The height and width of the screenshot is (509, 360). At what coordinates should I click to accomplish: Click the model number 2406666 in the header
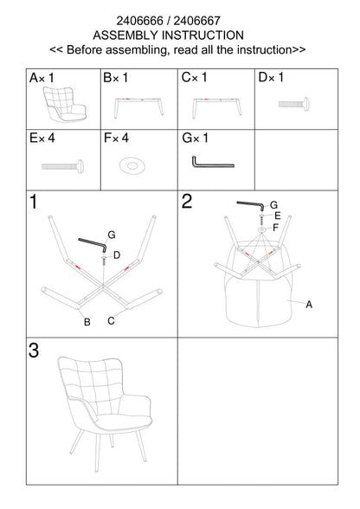pos(139,21)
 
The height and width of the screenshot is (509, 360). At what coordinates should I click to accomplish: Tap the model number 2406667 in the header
pos(197,21)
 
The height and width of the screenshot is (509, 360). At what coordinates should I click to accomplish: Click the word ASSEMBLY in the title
pos(125,35)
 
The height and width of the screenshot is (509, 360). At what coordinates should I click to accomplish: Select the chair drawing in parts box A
pos(65,104)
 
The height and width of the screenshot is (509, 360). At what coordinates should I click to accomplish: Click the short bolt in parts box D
pos(294,104)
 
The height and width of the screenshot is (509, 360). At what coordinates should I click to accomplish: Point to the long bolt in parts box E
pos(62,166)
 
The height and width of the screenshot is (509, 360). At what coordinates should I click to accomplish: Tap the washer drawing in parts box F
pos(132,165)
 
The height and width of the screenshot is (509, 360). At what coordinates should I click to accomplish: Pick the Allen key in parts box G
pos(212,163)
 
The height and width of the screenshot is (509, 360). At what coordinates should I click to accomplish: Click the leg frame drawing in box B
pos(138,106)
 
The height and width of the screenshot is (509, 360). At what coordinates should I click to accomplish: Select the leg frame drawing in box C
pos(217,107)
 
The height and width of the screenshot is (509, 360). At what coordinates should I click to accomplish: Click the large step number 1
pos(34,202)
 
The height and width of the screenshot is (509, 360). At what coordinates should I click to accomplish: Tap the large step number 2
pos(187,201)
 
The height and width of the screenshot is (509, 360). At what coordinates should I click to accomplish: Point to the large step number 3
pos(34,351)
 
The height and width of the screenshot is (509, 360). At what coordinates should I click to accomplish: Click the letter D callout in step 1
pos(117,255)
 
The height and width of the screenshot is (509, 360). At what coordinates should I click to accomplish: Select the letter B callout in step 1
pos(87,322)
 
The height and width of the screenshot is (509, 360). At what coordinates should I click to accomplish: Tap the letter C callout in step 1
pos(111,320)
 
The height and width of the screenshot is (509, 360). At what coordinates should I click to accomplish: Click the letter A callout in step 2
pos(309,305)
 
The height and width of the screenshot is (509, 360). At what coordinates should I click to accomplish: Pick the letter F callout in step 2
pos(275,228)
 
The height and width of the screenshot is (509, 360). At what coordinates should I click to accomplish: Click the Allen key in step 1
pos(93,244)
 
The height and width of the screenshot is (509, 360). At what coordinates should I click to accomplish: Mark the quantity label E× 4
pos(42,139)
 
